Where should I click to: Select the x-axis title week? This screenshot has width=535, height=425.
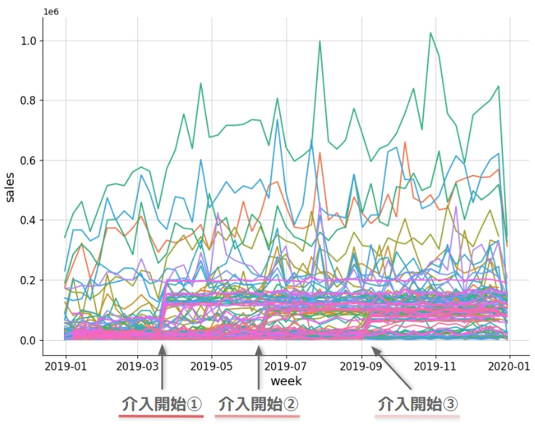tap(286, 381)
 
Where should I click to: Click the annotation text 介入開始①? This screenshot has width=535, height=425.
tap(161, 403)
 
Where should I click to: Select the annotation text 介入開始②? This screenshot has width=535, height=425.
tap(257, 403)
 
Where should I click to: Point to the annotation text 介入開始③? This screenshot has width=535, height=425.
tap(418, 403)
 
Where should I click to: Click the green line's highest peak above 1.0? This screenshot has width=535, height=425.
tap(430, 33)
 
